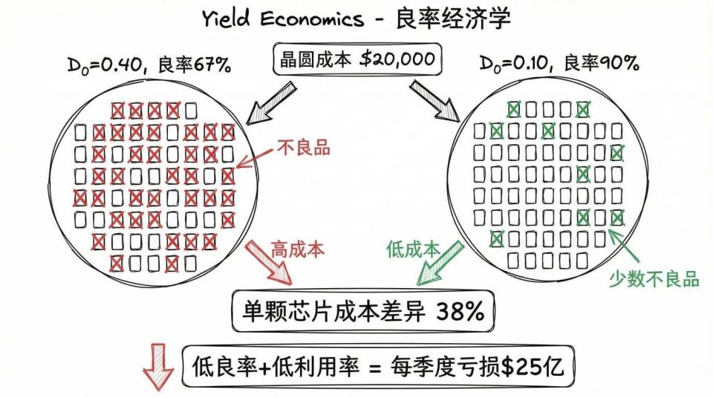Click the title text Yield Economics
coord(283,19)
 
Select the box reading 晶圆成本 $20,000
coord(356,59)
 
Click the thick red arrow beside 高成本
coord(270,261)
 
